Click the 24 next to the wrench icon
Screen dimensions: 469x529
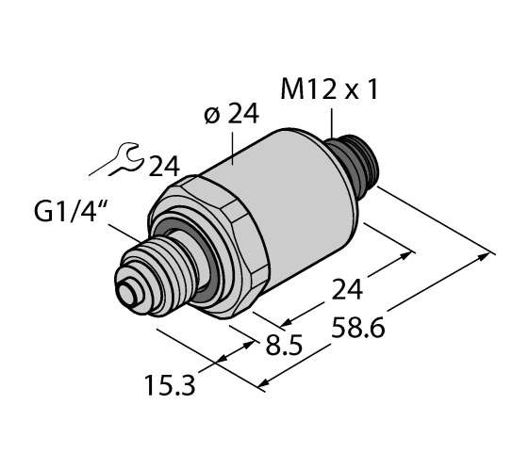click(165, 167)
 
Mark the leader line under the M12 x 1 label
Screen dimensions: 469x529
click(332, 123)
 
